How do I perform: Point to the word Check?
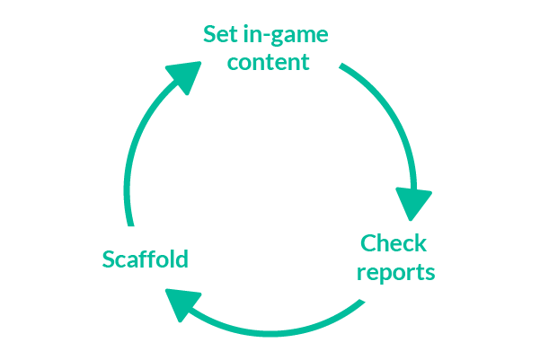tap(394, 243)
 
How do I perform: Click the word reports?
tap(395, 271)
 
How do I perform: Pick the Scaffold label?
tap(146, 260)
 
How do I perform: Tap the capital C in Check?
tap(368, 243)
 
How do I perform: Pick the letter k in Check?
tap(420, 243)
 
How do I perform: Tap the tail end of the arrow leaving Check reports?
tap(361, 303)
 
